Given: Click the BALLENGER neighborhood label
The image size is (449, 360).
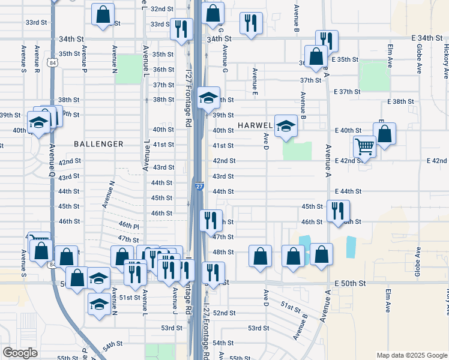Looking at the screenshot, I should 99,144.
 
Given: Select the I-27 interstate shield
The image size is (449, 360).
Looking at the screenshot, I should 199,187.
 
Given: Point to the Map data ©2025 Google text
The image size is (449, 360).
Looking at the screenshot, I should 412,355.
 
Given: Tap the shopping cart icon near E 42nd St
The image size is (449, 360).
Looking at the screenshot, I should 364,146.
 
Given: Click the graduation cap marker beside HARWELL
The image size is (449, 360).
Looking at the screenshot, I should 286,126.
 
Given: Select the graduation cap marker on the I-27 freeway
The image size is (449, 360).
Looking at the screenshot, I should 208,98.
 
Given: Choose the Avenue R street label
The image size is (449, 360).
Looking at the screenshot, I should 37,59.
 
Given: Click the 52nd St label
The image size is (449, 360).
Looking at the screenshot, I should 224,313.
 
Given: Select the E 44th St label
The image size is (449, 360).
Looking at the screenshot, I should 348,191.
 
